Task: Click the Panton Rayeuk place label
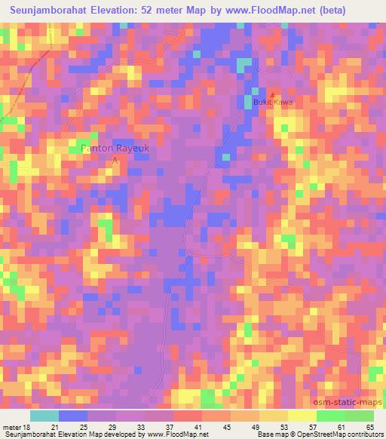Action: (x=115, y=149)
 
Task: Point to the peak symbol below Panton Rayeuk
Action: (x=115, y=159)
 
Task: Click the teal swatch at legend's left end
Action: (x=44, y=416)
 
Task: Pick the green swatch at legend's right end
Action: (x=359, y=416)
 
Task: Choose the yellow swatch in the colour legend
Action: (x=302, y=416)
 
